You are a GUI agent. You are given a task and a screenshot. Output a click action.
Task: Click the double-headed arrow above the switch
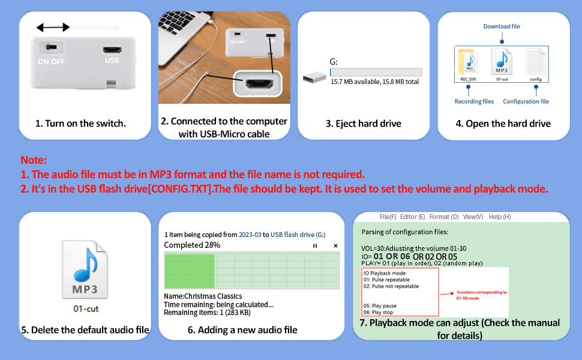pyautogui.click(x=53, y=27)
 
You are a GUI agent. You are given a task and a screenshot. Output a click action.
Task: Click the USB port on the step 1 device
pyautogui.click(x=112, y=50)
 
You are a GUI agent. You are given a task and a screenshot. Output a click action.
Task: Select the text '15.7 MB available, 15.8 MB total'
pyautogui.click(x=375, y=82)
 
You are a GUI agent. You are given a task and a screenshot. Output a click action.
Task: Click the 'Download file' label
pyautogui.click(x=502, y=26)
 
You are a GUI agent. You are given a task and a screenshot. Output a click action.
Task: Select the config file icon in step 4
pyautogui.click(x=535, y=62)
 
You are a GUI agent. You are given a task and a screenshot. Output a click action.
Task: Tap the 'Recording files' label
pyautogui.click(x=474, y=101)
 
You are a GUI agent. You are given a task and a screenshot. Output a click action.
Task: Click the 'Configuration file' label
pyautogui.click(x=526, y=101)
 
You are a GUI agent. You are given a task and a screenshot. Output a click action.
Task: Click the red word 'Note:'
pyautogui.click(x=34, y=160)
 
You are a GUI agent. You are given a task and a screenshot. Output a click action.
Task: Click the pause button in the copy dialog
pyautogui.click(x=315, y=245)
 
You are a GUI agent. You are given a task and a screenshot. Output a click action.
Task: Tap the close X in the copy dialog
pyautogui.click(x=335, y=245)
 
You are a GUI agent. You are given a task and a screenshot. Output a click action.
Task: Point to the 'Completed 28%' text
pyautogui.click(x=192, y=245)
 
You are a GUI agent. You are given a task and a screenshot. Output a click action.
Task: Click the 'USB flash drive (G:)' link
pyautogui.click(x=298, y=235)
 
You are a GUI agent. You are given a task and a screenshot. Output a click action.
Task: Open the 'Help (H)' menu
pyautogui.click(x=499, y=217)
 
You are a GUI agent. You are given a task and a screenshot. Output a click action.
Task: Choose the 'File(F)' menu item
pyautogui.click(x=388, y=217)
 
